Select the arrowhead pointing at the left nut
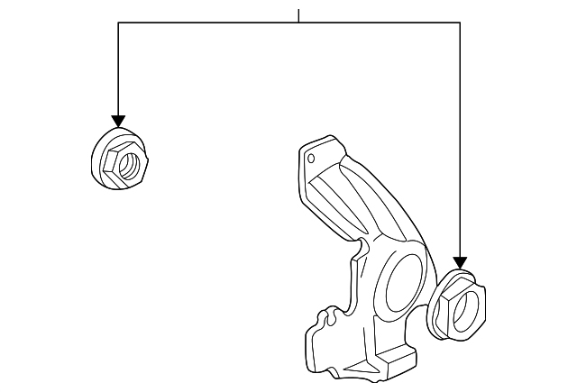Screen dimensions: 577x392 117,122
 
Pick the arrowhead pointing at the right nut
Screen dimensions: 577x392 460,261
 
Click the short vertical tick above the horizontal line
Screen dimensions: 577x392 298,15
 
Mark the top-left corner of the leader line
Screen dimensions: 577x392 117,23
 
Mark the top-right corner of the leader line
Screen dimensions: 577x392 460,23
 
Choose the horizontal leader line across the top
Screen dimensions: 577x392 225,23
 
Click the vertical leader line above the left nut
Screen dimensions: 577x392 117,72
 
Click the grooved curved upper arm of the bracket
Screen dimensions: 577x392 352,194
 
